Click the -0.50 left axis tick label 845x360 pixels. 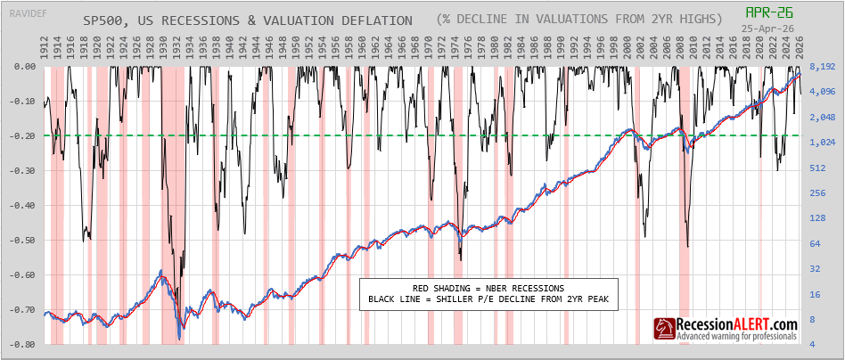click(x=21, y=241)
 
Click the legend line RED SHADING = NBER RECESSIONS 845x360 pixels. click(x=488, y=288)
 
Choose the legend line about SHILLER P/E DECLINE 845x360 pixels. click(x=488, y=300)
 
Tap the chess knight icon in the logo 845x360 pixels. click(x=664, y=331)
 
